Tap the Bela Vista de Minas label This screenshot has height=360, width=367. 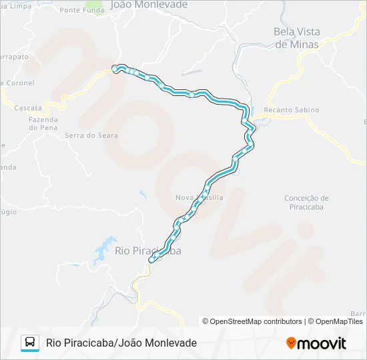(297, 37)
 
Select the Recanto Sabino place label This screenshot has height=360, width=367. (292, 110)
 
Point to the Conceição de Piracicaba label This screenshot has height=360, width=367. (306, 202)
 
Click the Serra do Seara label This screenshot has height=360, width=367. (91, 135)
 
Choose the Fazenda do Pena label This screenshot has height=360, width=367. (43, 123)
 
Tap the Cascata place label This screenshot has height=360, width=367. (28, 107)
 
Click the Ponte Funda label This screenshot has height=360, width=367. (82, 10)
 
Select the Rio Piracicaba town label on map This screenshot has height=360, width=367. (147, 251)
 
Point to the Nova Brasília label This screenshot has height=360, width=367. (199, 198)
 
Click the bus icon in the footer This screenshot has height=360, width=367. (30, 343)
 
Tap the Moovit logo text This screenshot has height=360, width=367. (322, 343)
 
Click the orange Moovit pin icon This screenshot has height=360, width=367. (291, 343)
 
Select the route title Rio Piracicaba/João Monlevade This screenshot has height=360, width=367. (121, 343)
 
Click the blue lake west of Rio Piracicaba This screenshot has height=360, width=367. (105, 248)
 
